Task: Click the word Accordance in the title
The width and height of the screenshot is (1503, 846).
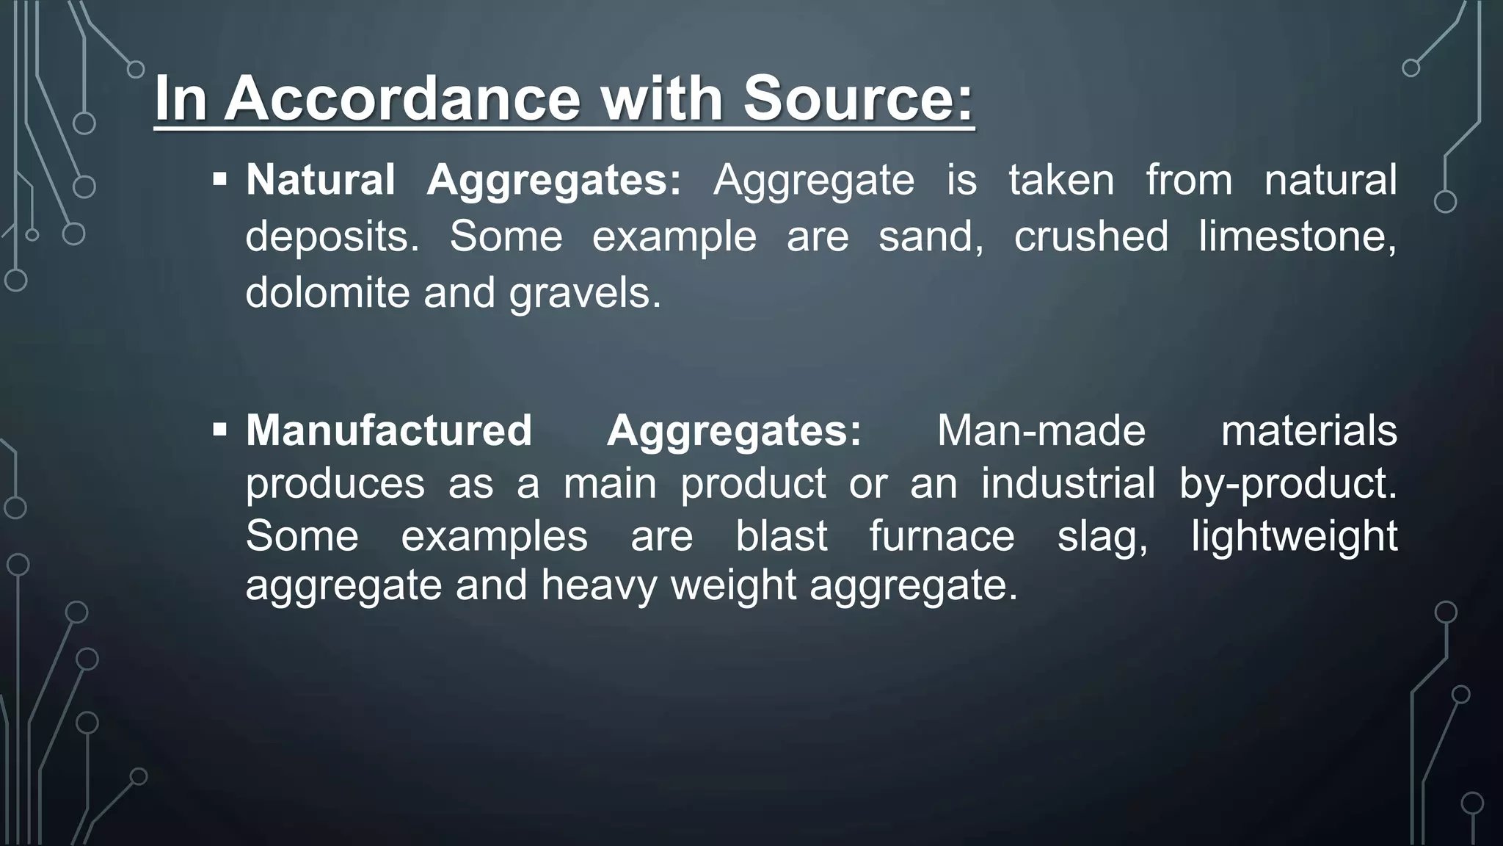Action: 402,98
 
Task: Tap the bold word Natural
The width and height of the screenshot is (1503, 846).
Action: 321,180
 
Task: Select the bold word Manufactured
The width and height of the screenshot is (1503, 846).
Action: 389,430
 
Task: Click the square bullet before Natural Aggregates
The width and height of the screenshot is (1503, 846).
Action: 219,179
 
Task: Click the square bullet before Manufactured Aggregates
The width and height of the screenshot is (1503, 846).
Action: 219,429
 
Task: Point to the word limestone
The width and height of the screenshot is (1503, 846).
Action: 1297,236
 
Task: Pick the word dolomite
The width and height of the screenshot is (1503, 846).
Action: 327,292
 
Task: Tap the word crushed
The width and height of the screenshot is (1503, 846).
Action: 1091,236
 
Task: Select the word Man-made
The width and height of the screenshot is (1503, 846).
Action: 1041,430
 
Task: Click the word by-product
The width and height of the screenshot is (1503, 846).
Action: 1288,485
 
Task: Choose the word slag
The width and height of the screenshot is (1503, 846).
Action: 1102,538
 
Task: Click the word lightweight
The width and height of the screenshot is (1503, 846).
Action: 1294,538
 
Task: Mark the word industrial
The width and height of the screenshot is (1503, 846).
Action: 1068,483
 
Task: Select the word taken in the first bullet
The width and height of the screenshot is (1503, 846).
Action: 1061,180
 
